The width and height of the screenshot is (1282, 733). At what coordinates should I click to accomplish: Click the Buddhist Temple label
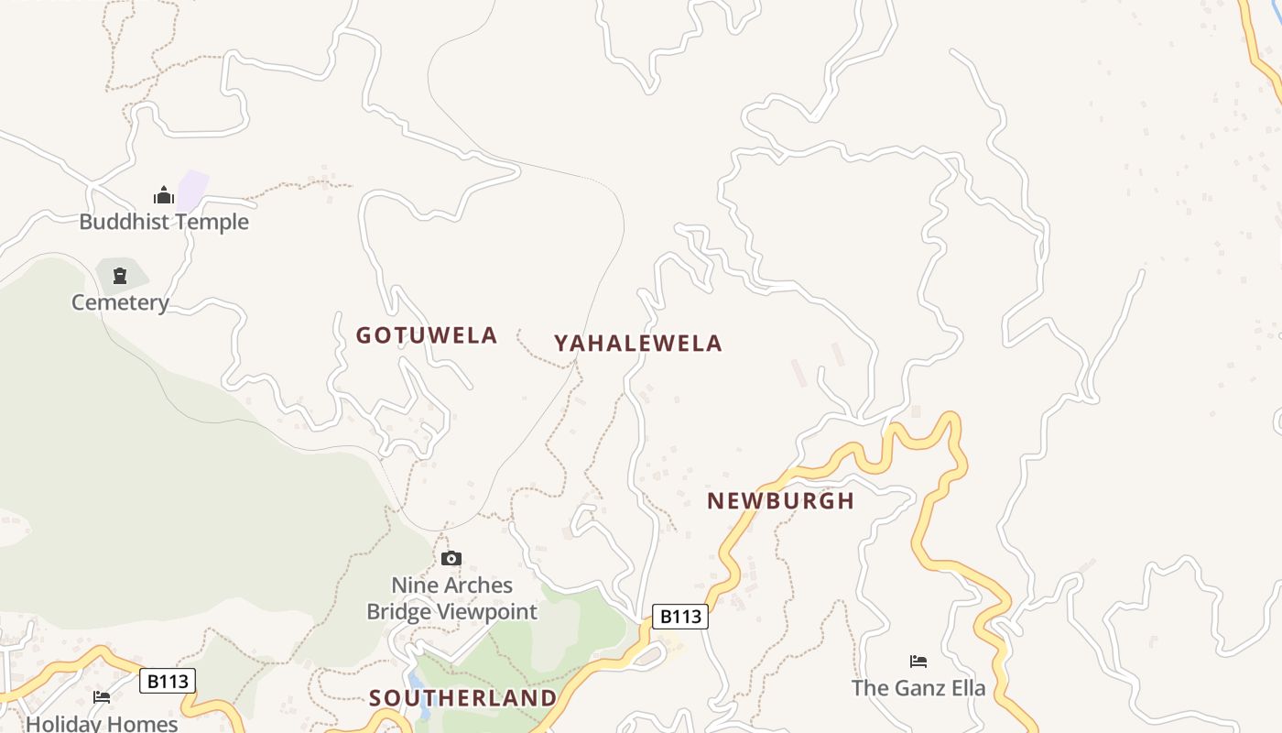pyautogui.click(x=164, y=222)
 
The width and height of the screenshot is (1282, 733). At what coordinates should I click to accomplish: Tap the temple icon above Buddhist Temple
pyautogui.click(x=164, y=195)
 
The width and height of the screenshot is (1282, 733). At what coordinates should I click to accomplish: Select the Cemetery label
pyautogui.click(x=120, y=302)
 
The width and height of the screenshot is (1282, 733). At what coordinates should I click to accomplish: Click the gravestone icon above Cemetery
pyautogui.click(x=120, y=275)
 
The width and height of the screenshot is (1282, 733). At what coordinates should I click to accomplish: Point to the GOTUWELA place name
pyautogui.click(x=427, y=335)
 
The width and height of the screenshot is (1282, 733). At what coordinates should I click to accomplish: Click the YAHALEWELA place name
pyautogui.click(x=638, y=344)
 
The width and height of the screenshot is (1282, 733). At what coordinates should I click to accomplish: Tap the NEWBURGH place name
pyautogui.click(x=781, y=501)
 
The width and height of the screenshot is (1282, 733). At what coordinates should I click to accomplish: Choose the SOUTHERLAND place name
pyautogui.click(x=463, y=698)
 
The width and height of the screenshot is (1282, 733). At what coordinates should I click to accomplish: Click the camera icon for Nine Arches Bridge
pyautogui.click(x=451, y=558)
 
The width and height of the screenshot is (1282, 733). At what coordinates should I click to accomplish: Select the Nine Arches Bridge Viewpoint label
pyautogui.click(x=452, y=598)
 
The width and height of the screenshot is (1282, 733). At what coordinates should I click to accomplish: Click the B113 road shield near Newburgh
pyautogui.click(x=680, y=617)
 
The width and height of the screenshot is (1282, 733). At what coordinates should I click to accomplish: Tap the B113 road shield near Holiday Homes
pyautogui.click(x=168, y=681)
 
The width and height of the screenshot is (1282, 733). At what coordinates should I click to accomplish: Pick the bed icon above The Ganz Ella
pyautogui.click(x=918, y=662)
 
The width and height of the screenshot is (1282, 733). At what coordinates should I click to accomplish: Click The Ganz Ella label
pyautogui.click(x=918, y=688)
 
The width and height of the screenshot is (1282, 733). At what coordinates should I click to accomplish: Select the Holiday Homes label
pyautogui.click(x=102, y=724)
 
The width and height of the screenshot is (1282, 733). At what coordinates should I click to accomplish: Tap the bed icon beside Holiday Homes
pyautogui.click(x=102, y=697)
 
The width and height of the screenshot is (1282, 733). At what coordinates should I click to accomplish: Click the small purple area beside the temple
pyautogui.click(x=193, y=187)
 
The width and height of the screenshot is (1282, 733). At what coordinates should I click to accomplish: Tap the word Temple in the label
pyautogui.click(x=214, y=222)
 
